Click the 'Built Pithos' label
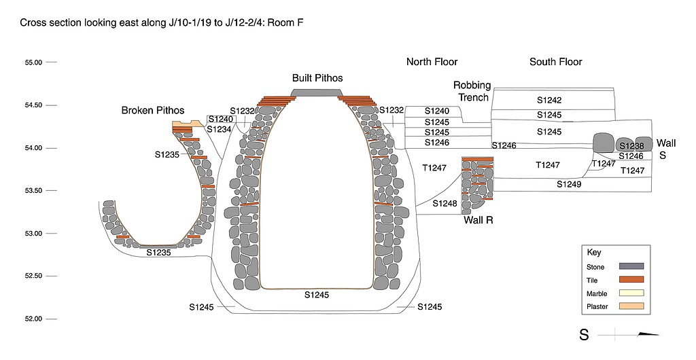click(x=317, y=78)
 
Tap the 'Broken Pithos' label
click(x=153, y=110)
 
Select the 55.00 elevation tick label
click(x=34, y=62)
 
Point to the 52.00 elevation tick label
click(x=34, y=319)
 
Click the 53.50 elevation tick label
click(x=34, y=190)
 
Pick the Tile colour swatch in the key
click(x=631, y=280)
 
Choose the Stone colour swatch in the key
click(x=631, y=266)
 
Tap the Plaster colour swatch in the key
click(x=631, y=307)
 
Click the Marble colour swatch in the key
click(x=631, y=293)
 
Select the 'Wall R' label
click(x=478, y=220)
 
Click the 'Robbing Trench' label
click(x=472, y=91)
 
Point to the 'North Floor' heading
click(x=432, y=62)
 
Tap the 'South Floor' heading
click(x=556, y=62)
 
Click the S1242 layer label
click(x=549, y=100)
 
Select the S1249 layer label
click(x=569, y=184)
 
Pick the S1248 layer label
click(x=445, y=203)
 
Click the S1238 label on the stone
click(x=631, y=146)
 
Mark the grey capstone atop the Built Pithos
click(x=318, y=93)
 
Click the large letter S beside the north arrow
click(x=584, y=335)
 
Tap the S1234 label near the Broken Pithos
click(x=219, y=129)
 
